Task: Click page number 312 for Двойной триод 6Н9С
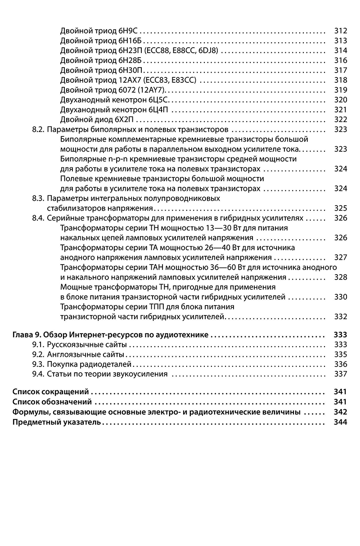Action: [x=341, y=31]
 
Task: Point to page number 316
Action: [x=341, y=60]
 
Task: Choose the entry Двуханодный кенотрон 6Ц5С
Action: [x=116, y=99]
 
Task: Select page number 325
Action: [x=341, y=208]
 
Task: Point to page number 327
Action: [x=341, y=257]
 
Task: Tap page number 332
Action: [x=341, y=316]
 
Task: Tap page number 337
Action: [x=341, y=374]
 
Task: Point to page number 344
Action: [x=341, y=422]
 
